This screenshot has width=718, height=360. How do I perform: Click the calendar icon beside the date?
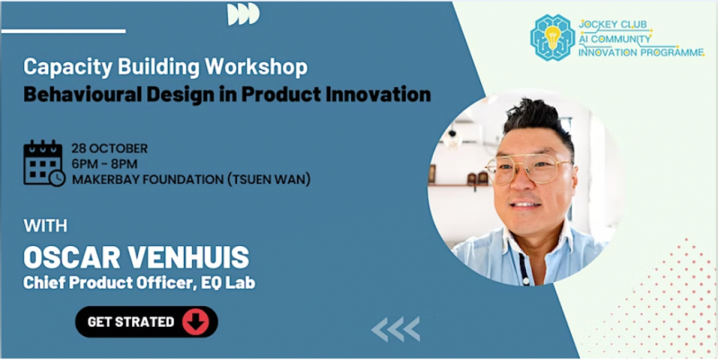[x=44, y=163]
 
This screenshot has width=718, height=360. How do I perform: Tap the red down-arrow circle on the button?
[x=196, y=322]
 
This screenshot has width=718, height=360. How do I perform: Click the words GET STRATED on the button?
[x=131, y=322]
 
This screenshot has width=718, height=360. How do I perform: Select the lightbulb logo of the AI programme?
[x=552, y=38]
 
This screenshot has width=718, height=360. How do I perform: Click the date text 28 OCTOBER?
[x=109, y=149]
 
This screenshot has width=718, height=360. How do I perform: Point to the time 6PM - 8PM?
[x=104, y=164]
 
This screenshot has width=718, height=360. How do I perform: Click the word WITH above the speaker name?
[x=46, y=226]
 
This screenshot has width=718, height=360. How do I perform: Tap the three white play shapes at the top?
[x=243, y=13]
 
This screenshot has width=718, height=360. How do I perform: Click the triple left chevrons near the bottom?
[x=396, y=329]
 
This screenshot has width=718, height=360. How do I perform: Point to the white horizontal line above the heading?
[x=64, y=31]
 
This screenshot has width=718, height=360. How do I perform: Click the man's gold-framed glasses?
[x=529, y=169]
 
